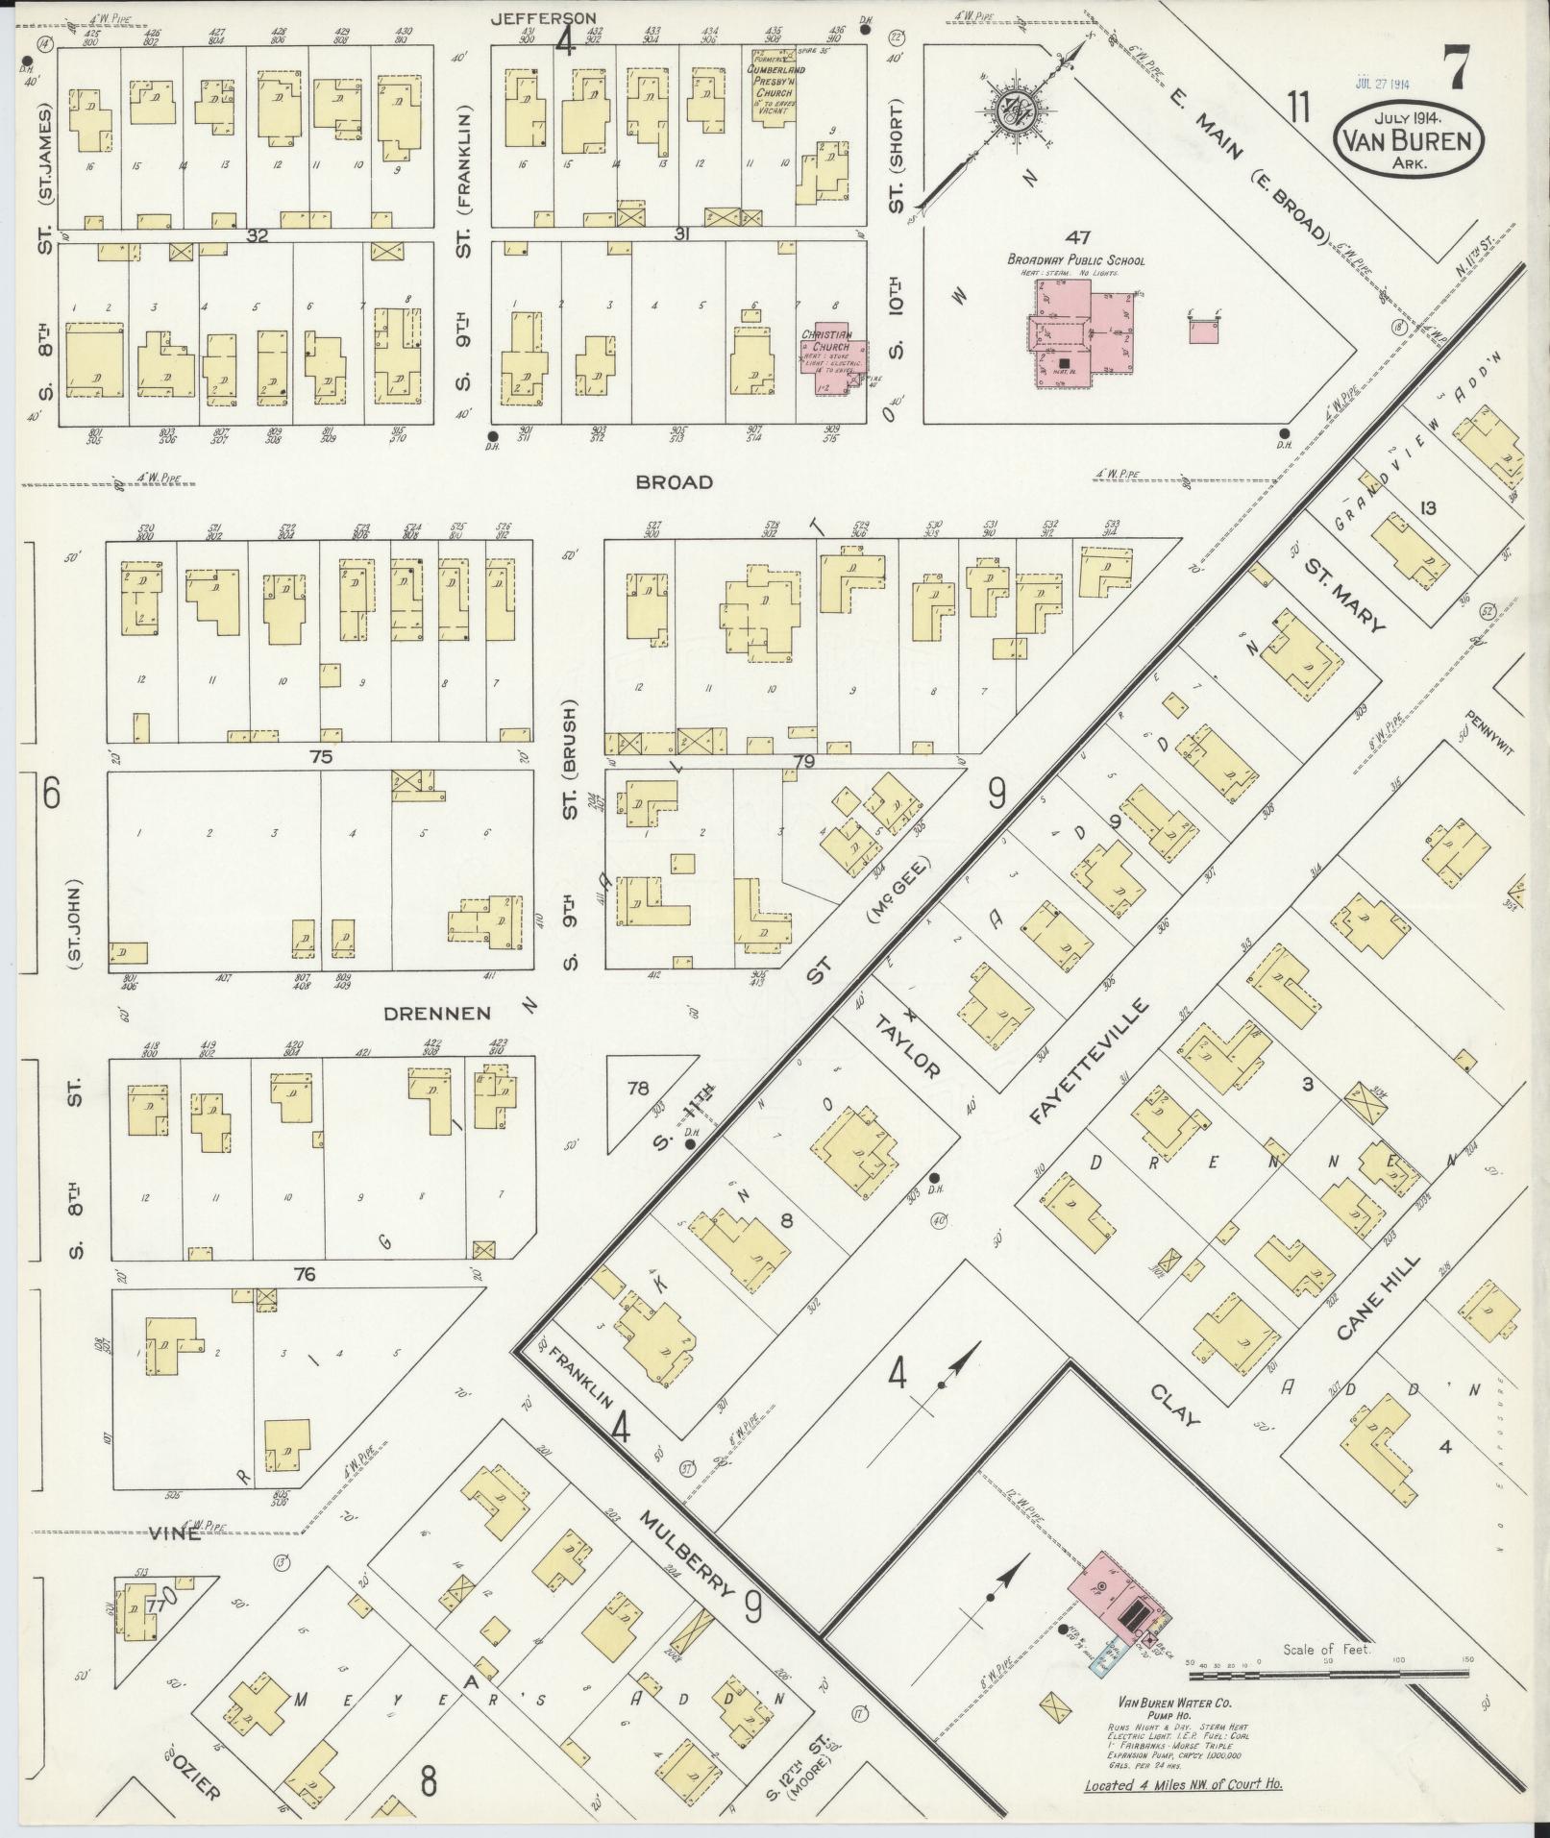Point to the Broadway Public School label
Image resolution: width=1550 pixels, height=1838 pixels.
coord(1074,260)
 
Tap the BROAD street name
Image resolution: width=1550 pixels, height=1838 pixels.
coord(675,482)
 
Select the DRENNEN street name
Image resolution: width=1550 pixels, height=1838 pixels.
coord(437,1014)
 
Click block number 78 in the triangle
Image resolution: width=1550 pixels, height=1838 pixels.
coord(638,1089)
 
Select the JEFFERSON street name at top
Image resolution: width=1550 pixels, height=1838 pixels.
coord(543,17)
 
